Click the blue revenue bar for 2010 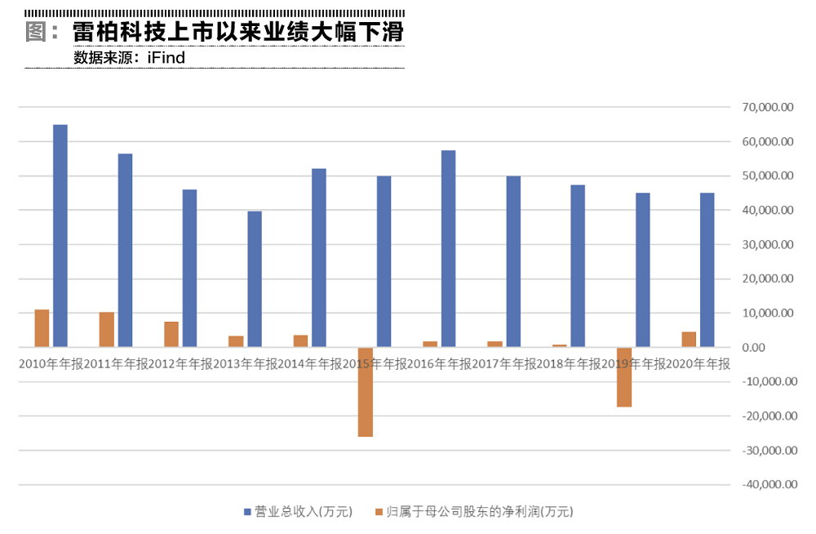(60, 236)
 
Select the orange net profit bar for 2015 (365, 392)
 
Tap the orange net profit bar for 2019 (624, 377)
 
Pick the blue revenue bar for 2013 (255, 279)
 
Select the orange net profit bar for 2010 (42, 329)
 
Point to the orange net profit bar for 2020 (689, 340)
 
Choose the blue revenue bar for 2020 (707, 270)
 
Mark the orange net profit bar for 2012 (171, 335)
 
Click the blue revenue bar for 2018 (578, 266)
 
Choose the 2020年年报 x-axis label (698, 363)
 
